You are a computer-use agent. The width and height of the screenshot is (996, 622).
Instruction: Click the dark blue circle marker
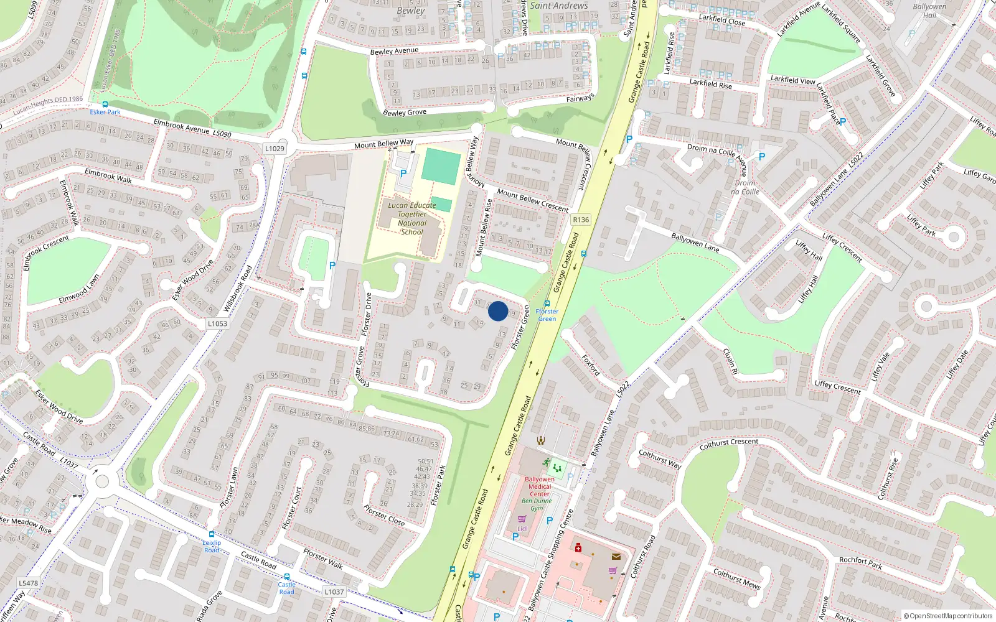coord(498,311)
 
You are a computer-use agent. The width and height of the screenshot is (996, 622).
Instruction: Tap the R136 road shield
coord(580,220)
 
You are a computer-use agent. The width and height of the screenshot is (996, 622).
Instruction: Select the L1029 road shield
coord(275,149)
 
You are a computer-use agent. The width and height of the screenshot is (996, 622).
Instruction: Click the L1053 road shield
coord(217,323)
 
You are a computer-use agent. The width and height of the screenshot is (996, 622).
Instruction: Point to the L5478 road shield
coord(28,583)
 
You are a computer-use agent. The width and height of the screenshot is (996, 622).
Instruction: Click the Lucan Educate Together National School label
coord(411,218)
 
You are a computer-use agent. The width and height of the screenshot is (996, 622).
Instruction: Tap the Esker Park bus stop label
coord(105,112)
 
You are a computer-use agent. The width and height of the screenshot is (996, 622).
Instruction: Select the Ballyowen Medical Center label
coord(539,486)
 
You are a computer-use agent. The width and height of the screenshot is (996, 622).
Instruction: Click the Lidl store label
coord(522,529)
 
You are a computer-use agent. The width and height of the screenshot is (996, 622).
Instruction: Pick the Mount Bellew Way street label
coord(383,144)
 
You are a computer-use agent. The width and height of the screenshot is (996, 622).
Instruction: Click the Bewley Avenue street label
coord(394,51)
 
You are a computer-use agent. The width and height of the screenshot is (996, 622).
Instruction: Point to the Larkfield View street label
coord(792,80)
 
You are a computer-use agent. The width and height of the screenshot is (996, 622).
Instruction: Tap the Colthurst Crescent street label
coord(728,443)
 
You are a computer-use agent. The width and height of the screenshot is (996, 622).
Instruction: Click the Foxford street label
coord(591,365)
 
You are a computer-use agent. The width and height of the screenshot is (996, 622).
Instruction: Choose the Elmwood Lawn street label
coord(78,289)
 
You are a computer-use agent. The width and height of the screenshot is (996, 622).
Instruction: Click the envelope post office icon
coord(616,557)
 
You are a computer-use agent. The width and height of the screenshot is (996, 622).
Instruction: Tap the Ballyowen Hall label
coord(929,11)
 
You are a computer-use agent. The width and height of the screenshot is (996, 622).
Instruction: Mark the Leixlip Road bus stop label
coord(212,546)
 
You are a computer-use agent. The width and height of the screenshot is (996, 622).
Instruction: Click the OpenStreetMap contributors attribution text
coord(951,616)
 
